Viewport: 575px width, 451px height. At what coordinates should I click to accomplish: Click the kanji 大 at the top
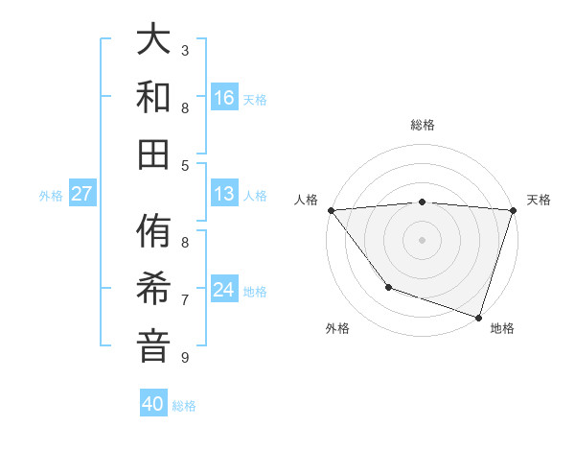154,41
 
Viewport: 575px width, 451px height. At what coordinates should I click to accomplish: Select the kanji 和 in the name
154,97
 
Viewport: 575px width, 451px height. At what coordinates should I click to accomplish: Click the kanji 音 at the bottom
154,344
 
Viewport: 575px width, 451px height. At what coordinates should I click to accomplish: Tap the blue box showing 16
224,97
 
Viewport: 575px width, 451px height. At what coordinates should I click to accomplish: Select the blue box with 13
224,194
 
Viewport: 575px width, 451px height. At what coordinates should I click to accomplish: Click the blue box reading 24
224,290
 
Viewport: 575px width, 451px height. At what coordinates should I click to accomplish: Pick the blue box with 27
82,194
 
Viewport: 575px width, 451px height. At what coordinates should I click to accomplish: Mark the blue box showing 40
153,404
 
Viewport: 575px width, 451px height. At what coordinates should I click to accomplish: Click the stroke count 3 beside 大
185,50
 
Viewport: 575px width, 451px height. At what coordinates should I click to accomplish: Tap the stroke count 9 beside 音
185,357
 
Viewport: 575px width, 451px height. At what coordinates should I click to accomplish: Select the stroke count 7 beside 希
185,299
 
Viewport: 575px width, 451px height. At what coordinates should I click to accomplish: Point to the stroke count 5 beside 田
185,165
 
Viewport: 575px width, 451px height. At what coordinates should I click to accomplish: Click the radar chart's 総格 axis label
423,125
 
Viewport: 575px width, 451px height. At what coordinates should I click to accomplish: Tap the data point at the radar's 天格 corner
513,210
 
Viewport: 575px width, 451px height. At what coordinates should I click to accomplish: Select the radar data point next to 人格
331,210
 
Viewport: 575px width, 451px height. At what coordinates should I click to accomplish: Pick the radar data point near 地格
478,317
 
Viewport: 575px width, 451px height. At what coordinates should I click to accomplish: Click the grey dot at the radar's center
422,239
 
